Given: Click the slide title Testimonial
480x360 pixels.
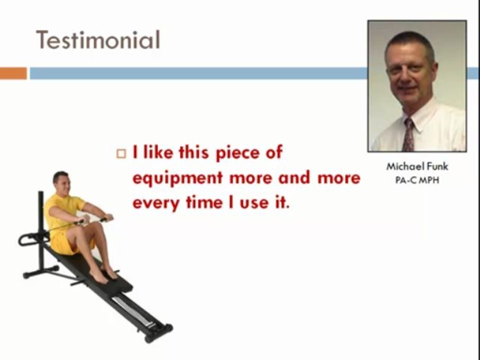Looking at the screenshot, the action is (x=98, y=40).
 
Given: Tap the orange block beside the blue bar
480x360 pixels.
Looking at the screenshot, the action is (x=13, y=73).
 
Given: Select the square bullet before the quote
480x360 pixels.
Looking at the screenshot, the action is (x=121, y=153).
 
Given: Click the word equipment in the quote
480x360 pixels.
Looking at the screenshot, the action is (x=177, y=178).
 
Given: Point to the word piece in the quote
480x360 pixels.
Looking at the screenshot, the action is (x=237, y=153).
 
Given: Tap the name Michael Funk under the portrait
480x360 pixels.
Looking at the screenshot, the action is (x=417, y=166).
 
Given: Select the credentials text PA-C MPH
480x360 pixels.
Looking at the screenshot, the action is (x=417, y=180).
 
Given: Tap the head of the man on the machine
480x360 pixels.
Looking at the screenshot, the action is (x=61, y=182).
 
